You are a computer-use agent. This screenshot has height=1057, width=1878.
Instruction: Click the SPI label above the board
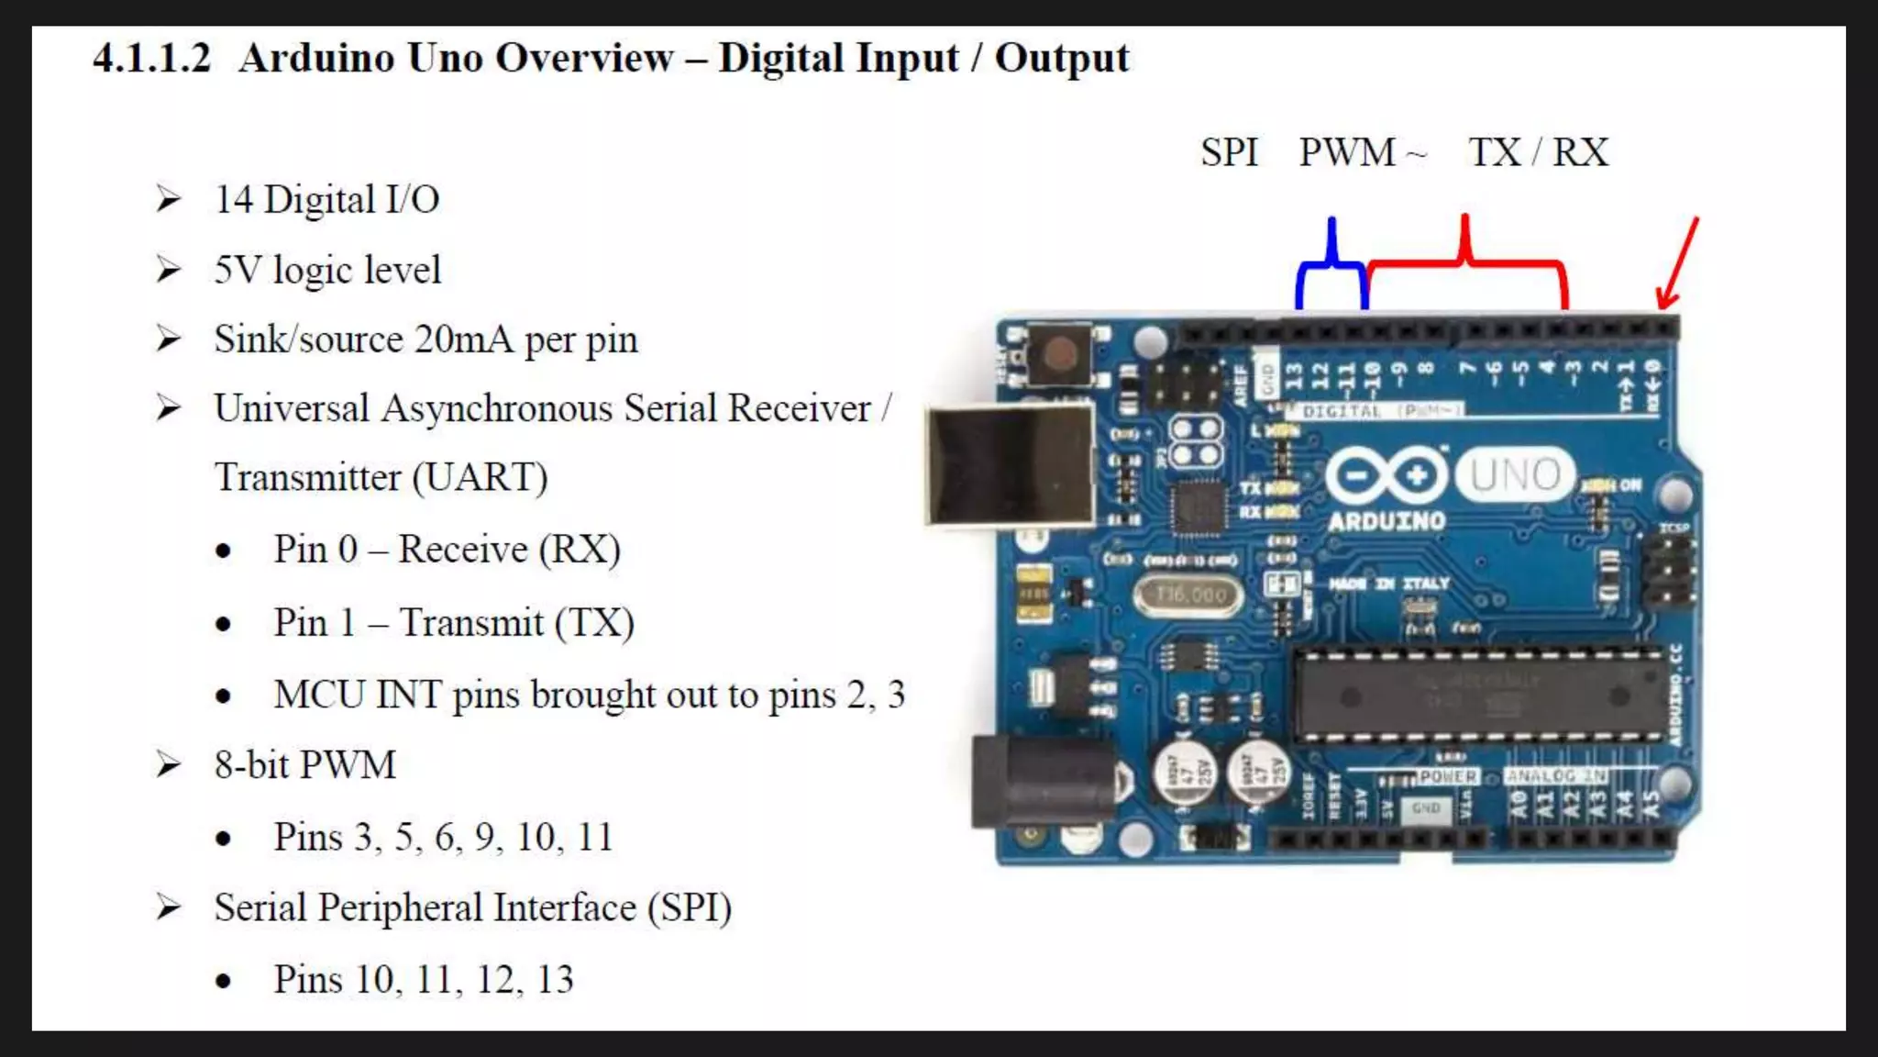(1229, 152)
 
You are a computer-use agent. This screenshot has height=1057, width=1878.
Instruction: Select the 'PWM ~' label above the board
(1362, 152)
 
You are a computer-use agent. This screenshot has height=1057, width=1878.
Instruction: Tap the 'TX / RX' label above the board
(1538, 152)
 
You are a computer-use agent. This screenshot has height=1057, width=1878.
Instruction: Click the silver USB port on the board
(1010, 465)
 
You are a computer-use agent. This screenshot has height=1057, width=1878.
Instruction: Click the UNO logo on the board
(1515, 475)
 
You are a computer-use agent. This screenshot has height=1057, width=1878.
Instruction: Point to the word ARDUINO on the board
(1386, 522)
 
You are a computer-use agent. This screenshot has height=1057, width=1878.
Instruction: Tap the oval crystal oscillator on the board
(1188, 595)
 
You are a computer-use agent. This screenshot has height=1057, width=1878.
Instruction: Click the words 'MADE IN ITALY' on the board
(1389, 584)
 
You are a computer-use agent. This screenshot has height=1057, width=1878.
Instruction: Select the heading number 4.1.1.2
(151, 59)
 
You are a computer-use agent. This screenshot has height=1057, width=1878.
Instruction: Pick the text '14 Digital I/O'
(326, 199)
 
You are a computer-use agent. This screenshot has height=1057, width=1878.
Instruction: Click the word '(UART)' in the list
(480, 478)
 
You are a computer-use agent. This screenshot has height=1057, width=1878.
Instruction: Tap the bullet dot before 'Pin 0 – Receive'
(223, 551)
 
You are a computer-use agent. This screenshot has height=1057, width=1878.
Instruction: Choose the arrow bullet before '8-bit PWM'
(169, 764)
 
